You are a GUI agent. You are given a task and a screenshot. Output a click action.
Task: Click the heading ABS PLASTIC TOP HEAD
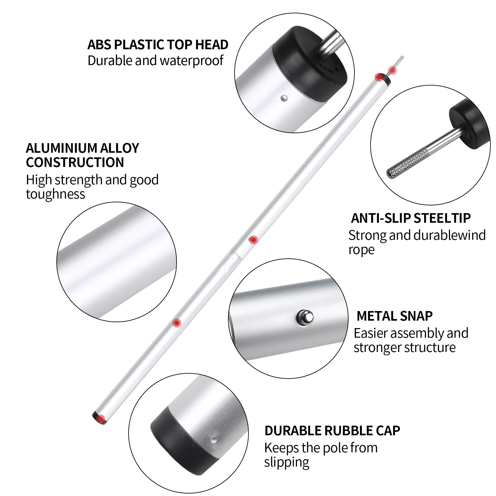tap(158, 45)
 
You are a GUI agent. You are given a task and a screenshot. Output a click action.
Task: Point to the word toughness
tap(55, 194)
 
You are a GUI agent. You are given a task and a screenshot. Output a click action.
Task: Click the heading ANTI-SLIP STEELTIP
tap(411, 218)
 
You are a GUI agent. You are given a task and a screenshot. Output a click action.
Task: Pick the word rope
tap(362, 250)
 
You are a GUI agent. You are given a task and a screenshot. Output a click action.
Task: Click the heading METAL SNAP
tap(394, 316)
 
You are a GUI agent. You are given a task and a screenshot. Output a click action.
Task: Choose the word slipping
tap(287, 462)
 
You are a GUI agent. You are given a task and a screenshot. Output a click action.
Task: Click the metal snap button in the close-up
tap(305, 317)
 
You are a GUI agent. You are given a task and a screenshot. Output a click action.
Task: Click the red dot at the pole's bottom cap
tap(100, 419)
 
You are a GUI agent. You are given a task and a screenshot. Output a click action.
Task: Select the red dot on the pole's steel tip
tap(393, 71)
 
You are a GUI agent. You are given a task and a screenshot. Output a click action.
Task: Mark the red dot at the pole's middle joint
tap(253, 240)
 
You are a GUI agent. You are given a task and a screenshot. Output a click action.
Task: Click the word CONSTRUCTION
tap(75, 162)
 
